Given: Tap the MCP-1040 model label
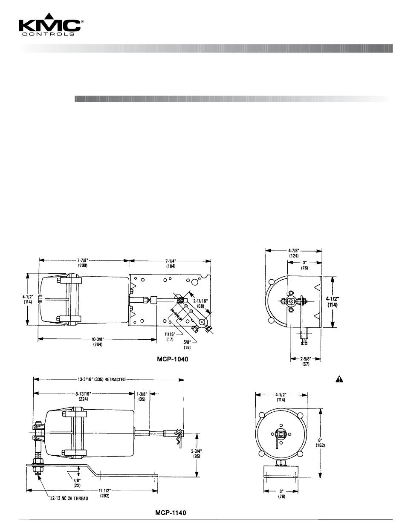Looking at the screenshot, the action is pos(172,359).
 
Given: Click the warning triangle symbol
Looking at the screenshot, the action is pos(339,379).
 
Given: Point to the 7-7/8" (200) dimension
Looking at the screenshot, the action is pos(83,263).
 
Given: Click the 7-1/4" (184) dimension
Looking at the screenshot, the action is pos(171,263).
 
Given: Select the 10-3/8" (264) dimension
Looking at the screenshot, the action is pos(98,341).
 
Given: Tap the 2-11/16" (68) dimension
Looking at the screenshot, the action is pos(200,304).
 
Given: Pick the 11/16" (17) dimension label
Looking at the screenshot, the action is pos(170,336).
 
